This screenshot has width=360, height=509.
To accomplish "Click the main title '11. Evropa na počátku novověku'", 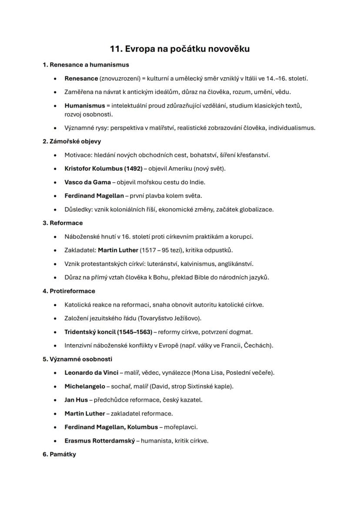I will pos(180,49).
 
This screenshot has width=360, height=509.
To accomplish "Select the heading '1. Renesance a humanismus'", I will pos(86,65).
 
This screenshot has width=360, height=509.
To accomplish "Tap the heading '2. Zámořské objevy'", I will pos(72,141).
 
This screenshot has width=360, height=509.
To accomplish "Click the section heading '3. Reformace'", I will pos(63,223).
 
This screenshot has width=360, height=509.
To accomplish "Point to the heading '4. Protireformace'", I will pos(69,291).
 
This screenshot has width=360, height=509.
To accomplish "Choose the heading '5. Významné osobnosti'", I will pos(77,359).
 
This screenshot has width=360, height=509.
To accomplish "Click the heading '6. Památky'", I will pos(59,454).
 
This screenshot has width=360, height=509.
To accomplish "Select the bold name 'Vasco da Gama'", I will pos(87,182).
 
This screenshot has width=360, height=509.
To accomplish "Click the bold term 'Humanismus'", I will pos(85,106).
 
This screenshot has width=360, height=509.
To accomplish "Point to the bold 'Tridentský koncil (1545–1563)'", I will pos(108,332).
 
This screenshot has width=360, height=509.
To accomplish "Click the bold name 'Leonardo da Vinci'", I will pos(91,373).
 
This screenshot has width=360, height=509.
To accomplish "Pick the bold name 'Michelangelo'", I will pos(85,386).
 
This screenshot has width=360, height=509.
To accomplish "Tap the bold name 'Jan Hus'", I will pos(76,400).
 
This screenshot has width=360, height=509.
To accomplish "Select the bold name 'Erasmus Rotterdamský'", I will pos(100,441).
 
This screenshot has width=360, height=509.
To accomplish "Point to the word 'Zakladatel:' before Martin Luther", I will pos(80,250).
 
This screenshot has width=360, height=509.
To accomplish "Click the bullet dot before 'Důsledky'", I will pos(55,210).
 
